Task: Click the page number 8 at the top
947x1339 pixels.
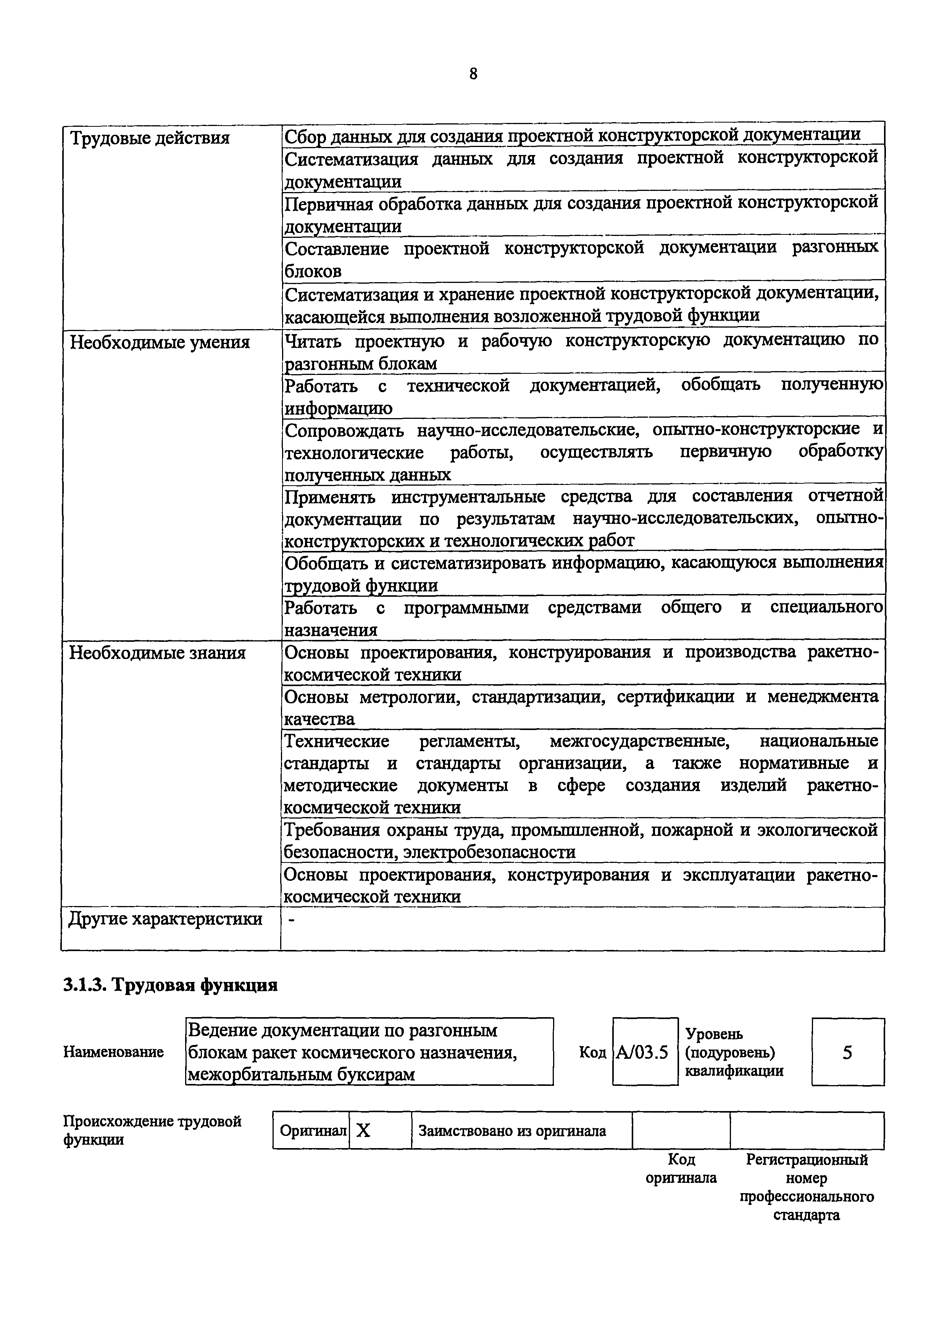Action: pos(473,74)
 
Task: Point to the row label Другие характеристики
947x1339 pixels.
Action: pos(165,920)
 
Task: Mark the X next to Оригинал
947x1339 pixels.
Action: pos(363,1131)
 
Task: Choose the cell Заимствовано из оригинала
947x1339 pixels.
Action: pos(512,1131)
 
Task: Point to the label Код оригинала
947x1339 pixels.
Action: pos(681,1168)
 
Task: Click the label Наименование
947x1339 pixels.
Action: pos(113,1052)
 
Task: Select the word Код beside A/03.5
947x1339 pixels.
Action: pos(592,1052)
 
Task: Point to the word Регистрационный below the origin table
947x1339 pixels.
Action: pos(807,1160)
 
